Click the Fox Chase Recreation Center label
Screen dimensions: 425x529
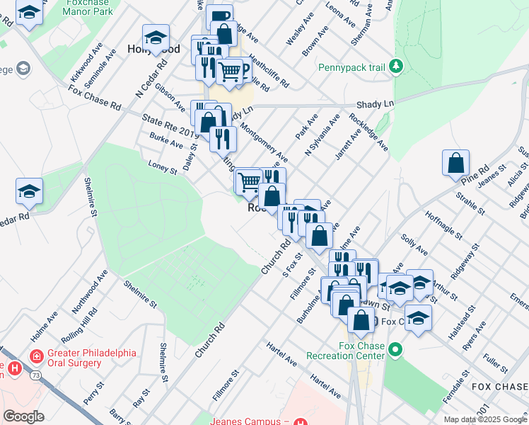[x=346, y=350]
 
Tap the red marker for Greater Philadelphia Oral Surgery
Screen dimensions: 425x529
[x=34, y=356]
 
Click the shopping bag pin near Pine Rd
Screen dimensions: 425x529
[x=456, y=162]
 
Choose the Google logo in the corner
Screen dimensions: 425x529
[x=23, y=416]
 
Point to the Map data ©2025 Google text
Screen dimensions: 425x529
[x=484, y=419]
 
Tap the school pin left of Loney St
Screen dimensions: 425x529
[x=30, y=191]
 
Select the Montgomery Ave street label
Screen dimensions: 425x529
[x=265, y=141]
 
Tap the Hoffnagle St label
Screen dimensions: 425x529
[x=442, y=225]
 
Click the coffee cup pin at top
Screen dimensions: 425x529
[x=220, y=16]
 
